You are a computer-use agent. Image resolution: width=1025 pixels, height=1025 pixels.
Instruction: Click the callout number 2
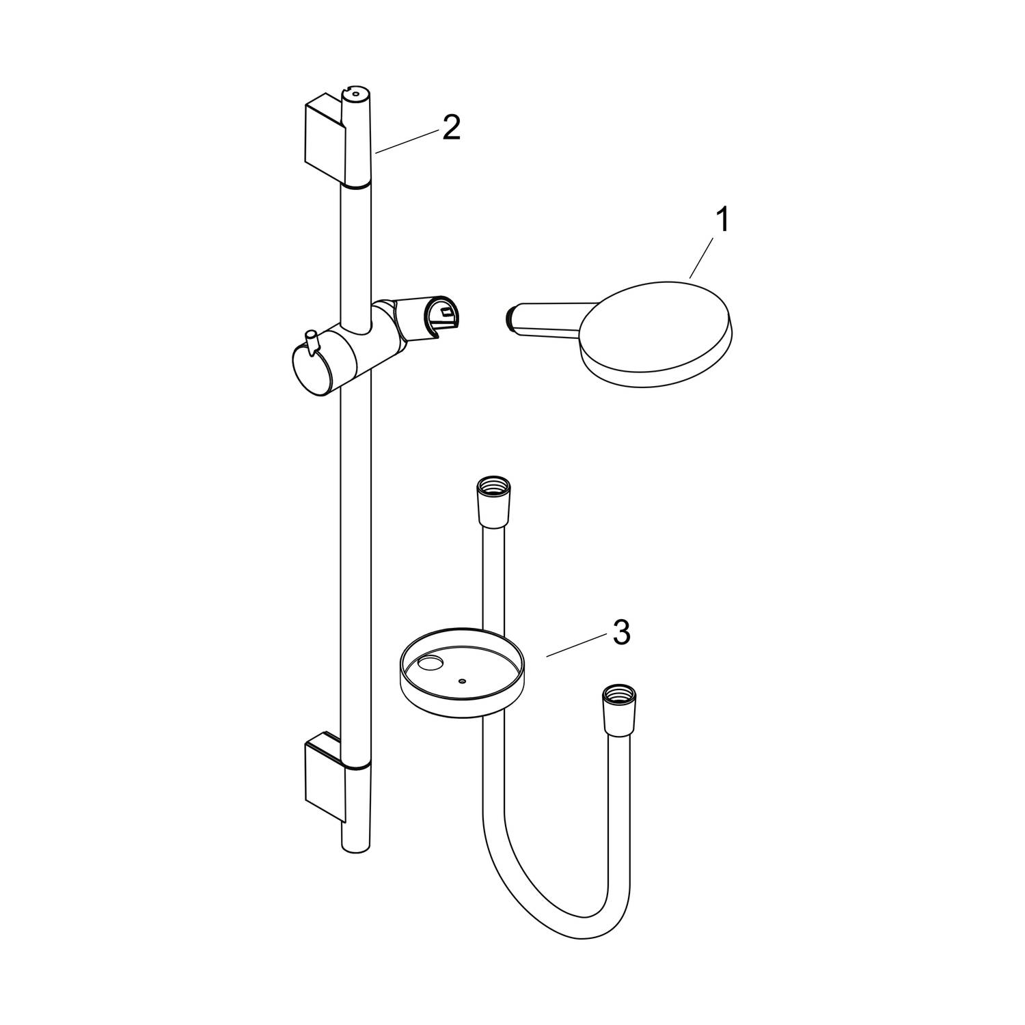tap(451, 127)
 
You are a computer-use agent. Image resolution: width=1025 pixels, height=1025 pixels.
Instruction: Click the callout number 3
tap(620, 633)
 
